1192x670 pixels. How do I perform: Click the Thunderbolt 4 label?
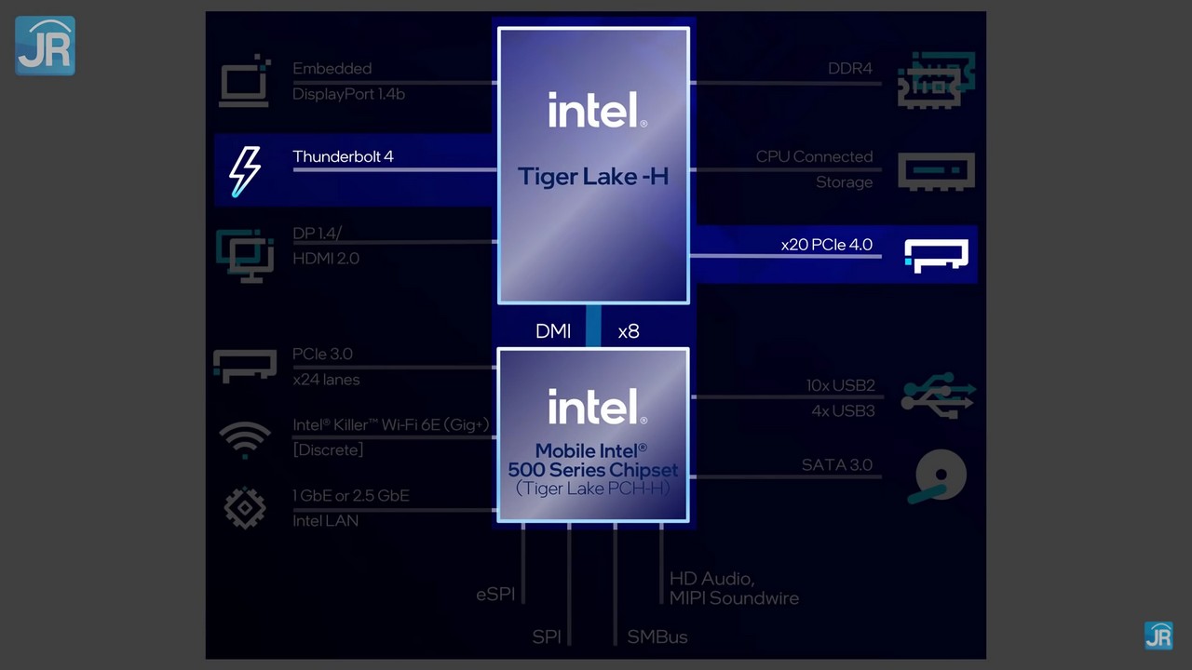point(343,156)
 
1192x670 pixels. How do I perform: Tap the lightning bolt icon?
point(245,170)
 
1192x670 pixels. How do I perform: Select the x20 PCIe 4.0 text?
point(826,245)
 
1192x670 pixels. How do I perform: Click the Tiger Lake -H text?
point(593,176)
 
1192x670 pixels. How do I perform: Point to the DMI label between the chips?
point(553,331)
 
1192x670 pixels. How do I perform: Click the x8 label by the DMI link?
point(629,331)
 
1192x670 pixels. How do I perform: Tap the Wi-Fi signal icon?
point(245,438)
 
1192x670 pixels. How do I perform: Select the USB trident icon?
point(937,396)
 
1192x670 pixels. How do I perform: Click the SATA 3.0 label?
point(836,465)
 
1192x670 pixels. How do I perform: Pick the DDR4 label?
point(849,69)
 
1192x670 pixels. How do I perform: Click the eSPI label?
point(495,594)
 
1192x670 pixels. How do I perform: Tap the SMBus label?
point(657,637)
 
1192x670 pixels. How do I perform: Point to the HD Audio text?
point(711,579)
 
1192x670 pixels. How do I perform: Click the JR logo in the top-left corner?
point(45,46)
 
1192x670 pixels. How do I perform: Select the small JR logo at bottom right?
point(1158,636)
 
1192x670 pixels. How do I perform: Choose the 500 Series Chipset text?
point(593,470)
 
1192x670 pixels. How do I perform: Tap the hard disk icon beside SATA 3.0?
point(939,476)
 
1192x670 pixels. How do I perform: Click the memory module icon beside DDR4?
point(936,80)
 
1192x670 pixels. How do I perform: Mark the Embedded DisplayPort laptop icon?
point(245,82)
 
